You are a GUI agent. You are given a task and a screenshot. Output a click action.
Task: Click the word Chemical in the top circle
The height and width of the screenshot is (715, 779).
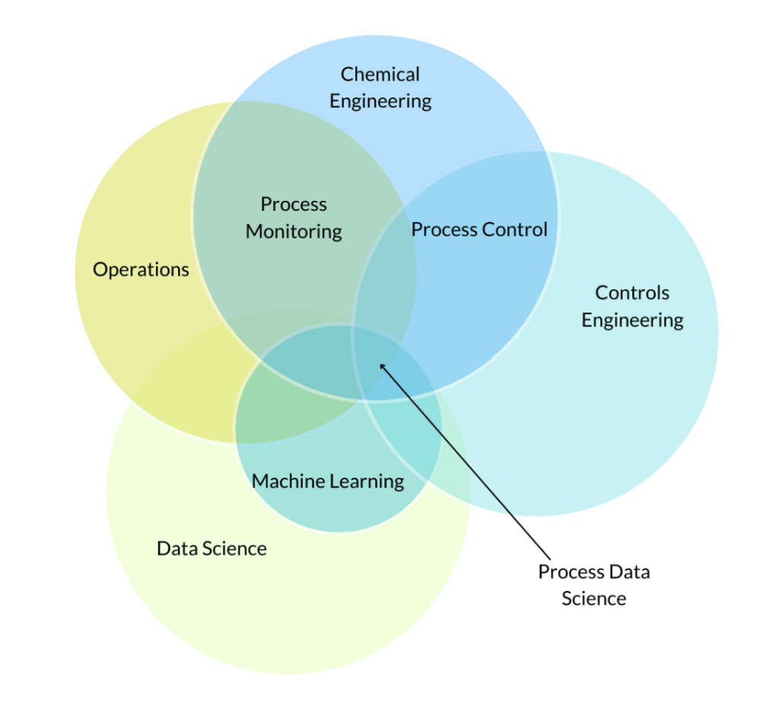(x=380, y=75)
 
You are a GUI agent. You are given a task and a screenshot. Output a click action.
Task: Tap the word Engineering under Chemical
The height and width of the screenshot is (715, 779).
(x=380, y=101)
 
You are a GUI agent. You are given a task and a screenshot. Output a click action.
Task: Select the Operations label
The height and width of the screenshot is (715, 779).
(x=141, y=269)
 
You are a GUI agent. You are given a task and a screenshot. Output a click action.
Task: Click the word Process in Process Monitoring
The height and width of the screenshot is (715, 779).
(x=294, y=205)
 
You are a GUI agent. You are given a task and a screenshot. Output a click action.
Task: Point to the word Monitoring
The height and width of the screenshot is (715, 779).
(x=294, y=231)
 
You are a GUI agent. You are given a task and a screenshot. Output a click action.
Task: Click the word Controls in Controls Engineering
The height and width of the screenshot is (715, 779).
(x=632, y=293)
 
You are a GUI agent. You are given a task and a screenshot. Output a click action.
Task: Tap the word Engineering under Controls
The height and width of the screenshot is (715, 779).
(x=632, y=320)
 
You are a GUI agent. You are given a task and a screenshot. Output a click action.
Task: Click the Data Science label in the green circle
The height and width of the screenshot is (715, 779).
(x=211, y=548)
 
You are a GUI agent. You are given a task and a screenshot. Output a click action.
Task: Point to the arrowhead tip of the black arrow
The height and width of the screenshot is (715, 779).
(x=380, y=364)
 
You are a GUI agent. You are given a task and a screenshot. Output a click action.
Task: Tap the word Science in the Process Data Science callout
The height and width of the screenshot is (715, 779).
(x=594, y=599)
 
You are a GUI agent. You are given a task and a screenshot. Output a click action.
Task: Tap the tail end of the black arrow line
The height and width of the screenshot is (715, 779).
(x=550, y=557)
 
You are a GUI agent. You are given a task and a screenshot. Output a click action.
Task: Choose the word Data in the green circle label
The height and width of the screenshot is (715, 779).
(x=174, y=548)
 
